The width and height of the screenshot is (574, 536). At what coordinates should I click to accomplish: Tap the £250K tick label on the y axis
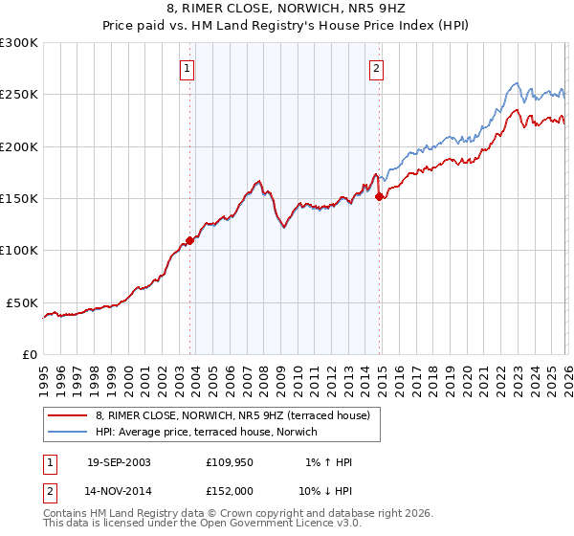pyautogui.click(x=18, y=95)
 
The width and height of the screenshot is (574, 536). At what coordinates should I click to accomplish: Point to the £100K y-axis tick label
pyautogui.click(x=18, y=251)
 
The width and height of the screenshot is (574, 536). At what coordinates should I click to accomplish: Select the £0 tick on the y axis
pyautogui.click(x=29, y=354)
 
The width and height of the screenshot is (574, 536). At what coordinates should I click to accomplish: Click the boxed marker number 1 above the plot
pyautogui.click(x=186, y=68)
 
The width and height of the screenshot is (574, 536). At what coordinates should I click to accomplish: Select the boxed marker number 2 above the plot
pyautogui.click(x=377, y=68)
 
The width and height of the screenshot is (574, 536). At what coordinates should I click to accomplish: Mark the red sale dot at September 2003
pyautogui.click(x=189, y=240)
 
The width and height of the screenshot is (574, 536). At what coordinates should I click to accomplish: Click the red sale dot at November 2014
pyautogui.click(x=380, y=196)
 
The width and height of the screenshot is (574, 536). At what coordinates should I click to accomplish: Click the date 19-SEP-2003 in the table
pyautogui.click(x=118, y=462)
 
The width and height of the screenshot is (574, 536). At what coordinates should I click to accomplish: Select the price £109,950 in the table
pyautogui.click(x=229, y=462)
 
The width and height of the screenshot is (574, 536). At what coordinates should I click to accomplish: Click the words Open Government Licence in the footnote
pyautogui.click(x=248, y=525)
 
